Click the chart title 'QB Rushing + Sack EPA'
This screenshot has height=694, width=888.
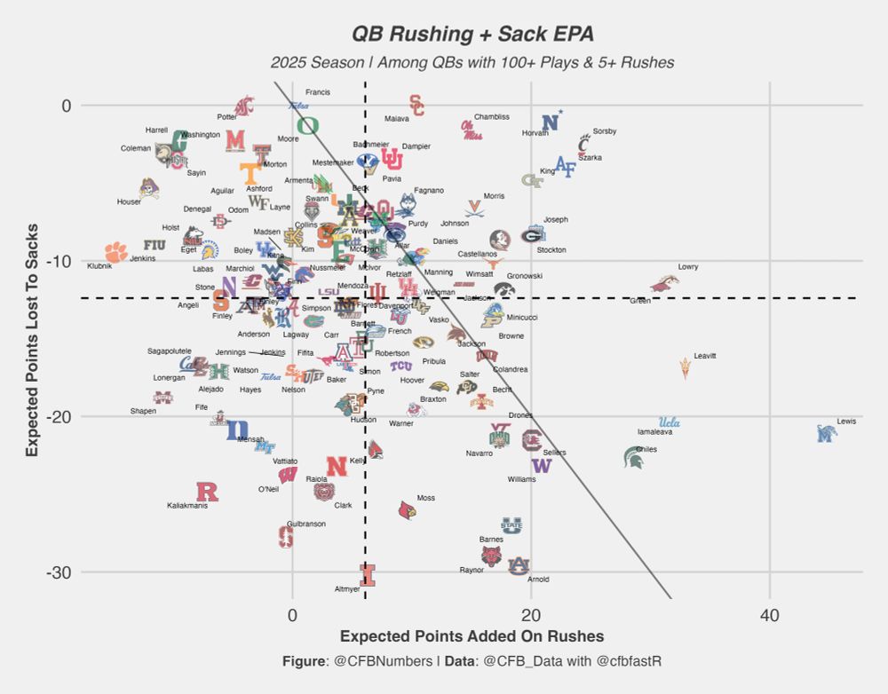[x=472, y=34]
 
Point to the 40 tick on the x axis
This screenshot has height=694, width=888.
[x=769, y=614]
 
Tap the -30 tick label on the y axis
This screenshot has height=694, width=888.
[x=59, y=572]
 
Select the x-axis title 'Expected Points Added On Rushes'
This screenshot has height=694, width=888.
[x=472, y=636]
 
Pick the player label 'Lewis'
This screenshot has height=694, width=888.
[x=846, y=422]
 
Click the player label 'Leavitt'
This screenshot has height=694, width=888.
[x=705, y=356]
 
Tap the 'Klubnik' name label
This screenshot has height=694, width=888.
[x=99, y=265]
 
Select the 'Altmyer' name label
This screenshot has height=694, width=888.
[x=347, y=589]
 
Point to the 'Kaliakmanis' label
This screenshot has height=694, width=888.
[x=187, y=506]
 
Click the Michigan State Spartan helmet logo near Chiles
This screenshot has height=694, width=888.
[x=635, y=457]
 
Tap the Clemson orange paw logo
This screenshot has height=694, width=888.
[x=115, y=252]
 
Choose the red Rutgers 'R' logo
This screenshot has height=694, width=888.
[x=207, y=492]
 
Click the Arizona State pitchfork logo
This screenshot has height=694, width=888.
[x=685, y=367]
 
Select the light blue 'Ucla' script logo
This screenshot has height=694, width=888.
[x=670, y=422]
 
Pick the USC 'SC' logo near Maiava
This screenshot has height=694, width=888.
[x=416, y=105]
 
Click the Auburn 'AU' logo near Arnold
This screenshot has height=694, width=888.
[x=519, y=565]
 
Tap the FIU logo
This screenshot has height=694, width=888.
[x=155, y=245]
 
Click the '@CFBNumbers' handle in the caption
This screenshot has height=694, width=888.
[x=383, y=661]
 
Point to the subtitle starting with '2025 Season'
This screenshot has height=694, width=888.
[x=472, y=63]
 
